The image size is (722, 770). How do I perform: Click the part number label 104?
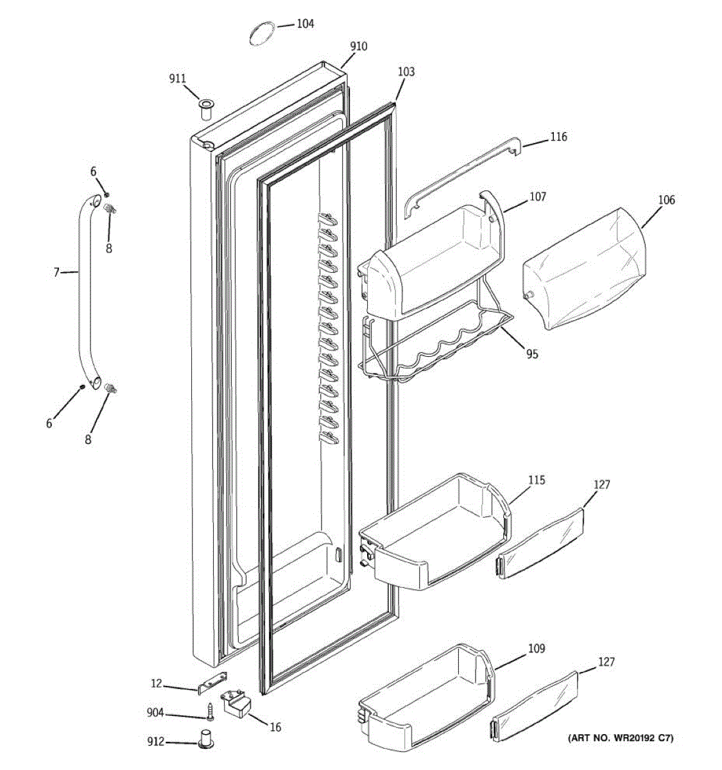(305, 24)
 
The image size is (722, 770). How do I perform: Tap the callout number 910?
(359, 47)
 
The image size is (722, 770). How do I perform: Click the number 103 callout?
(406, 72)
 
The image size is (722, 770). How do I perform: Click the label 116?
(558, 137)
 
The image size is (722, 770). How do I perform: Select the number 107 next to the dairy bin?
(538, 197)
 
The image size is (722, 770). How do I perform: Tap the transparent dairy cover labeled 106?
(585, 268)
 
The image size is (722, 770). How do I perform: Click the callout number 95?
(532, 354)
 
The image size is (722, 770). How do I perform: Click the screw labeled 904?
(210, 711)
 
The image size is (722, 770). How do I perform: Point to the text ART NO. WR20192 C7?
(621, 738)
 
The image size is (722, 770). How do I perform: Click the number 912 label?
(155, 742)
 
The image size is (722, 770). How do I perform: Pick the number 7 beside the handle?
(56, 273)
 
